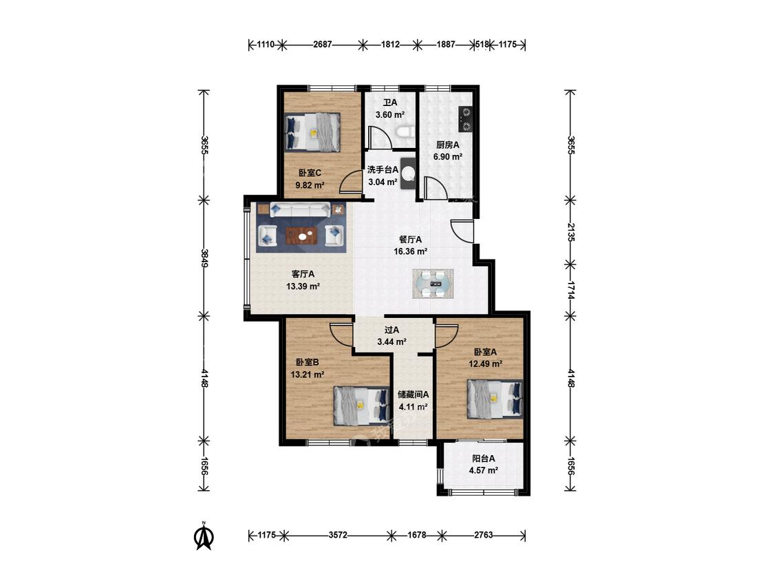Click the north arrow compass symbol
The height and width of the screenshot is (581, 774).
click(204, 536)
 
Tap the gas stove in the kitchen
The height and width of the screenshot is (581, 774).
click(466, 120)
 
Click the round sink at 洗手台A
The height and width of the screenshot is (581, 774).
click(409, 173)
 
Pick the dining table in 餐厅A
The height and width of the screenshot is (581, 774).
click(433, 284)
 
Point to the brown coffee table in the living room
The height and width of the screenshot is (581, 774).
click(303, 235)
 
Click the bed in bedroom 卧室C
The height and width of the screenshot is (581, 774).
click(312, 132)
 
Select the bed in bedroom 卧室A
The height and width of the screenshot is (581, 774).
click(495, 399)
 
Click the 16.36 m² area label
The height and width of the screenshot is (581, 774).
click(410, 251)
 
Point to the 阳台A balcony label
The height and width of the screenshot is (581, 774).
click(483, 458)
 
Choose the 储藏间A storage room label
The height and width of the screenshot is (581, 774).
click(413, 394)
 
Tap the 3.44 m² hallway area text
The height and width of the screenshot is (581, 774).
click(391, 341)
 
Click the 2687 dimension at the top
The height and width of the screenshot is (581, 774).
click(323, 45)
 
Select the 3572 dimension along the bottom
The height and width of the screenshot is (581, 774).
click(338, 535)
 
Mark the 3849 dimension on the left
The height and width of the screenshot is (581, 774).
click(204, 258)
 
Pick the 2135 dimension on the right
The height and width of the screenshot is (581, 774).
click(570, 232)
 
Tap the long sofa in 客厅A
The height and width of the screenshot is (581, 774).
click(300, 209)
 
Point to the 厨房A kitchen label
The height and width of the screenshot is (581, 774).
click(448, 145)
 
